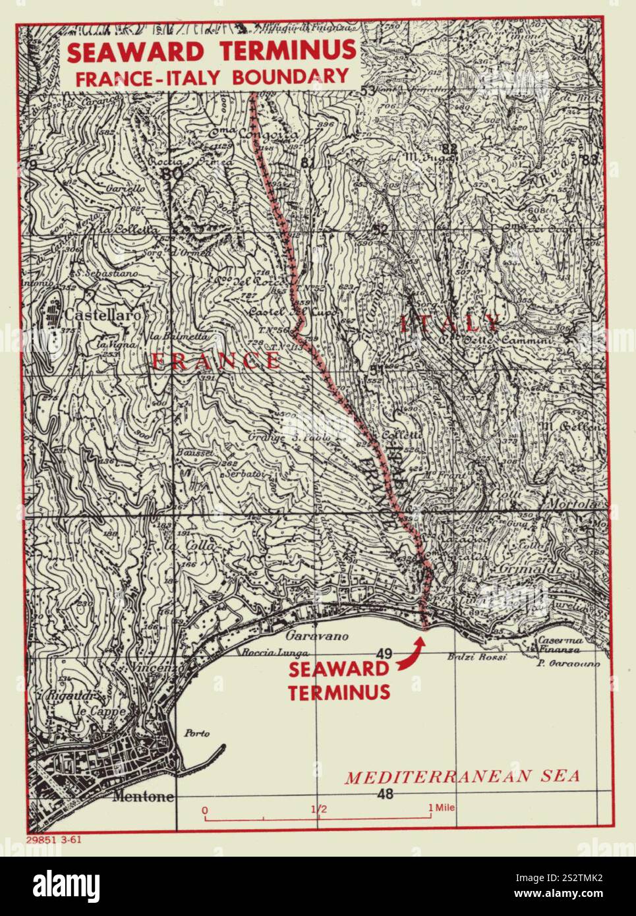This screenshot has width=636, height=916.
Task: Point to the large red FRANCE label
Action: pyautogui.click(x=216, y=360)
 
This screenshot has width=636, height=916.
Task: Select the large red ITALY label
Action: pyautogui.click(x=450, y=324)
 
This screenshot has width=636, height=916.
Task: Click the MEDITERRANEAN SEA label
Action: pyautogui.click(x=462, y=776)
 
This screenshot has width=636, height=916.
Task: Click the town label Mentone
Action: pyautogui.click(x=144, y=797)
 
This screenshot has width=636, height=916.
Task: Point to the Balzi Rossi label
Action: pyautogui.click(x=486, y=658)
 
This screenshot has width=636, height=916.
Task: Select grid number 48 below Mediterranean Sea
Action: pyautogui.click(x=386, y=794)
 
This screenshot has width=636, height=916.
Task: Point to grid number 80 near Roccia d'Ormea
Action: pyautogui.click(x=173, y=174)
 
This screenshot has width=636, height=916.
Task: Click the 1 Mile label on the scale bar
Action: pyautogui.click(x=442, y=808)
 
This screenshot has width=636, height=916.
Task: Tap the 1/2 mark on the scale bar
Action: pyautogui.click(x=319, y=809)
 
